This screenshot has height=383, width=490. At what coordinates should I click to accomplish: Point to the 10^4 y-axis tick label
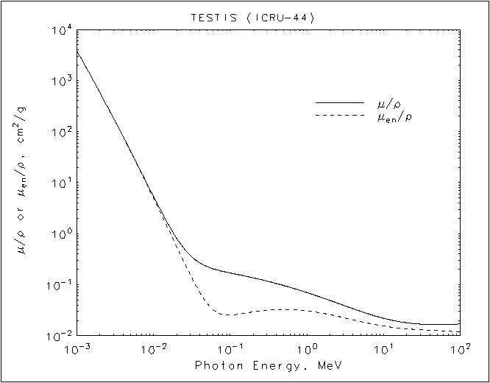[x=62, y=31]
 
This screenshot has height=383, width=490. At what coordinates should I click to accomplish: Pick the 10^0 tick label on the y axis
[x=62, y=235]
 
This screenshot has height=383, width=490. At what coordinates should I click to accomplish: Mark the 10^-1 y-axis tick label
[x=60, y=286]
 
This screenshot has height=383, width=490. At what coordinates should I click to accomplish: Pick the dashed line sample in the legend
[x=339, y=116]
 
